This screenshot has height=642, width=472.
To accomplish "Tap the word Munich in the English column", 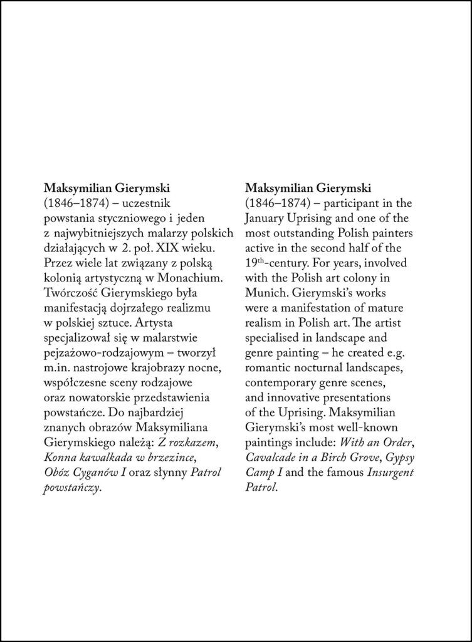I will pyautogui.click(x=263, y=293).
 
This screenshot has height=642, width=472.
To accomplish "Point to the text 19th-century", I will pyautogui.click(x=273, y=262).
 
